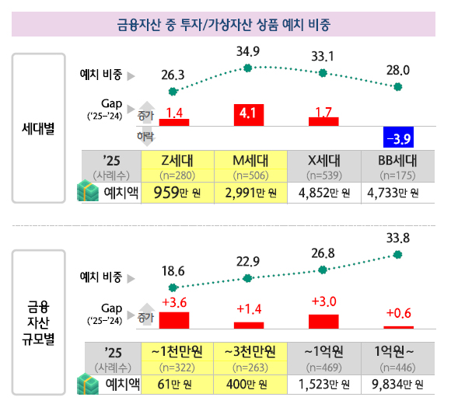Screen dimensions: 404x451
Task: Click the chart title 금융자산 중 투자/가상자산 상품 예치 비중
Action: (x=226, y=24)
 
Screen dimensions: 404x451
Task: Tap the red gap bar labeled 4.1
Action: (x=249, y=114)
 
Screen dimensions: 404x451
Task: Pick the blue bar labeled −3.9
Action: (x=399, y=138)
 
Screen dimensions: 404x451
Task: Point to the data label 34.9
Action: (x=248, y=53)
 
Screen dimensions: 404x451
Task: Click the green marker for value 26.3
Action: (x=173, y=90)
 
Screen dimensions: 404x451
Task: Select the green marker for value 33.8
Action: (x=399, y=254)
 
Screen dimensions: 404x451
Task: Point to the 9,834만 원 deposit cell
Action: (x=399, y=384)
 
